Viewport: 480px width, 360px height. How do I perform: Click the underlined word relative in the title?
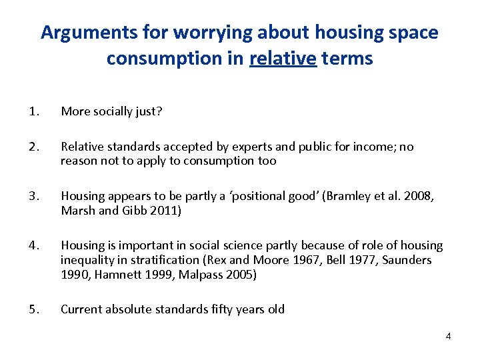pyautogui.click(x=283, y=59)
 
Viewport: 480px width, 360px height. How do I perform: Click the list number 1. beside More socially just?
pyautogui.click(x=34, y=111)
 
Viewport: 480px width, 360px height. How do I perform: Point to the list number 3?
pyautogui.click(x=34, y=196)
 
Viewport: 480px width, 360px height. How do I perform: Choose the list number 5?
pyautogui.click(x=34, y=309)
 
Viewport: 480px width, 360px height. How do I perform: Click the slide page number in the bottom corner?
pyautogui.click(x=448, y=336)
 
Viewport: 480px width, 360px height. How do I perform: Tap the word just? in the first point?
pyautogui.click(x=147, y=111)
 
